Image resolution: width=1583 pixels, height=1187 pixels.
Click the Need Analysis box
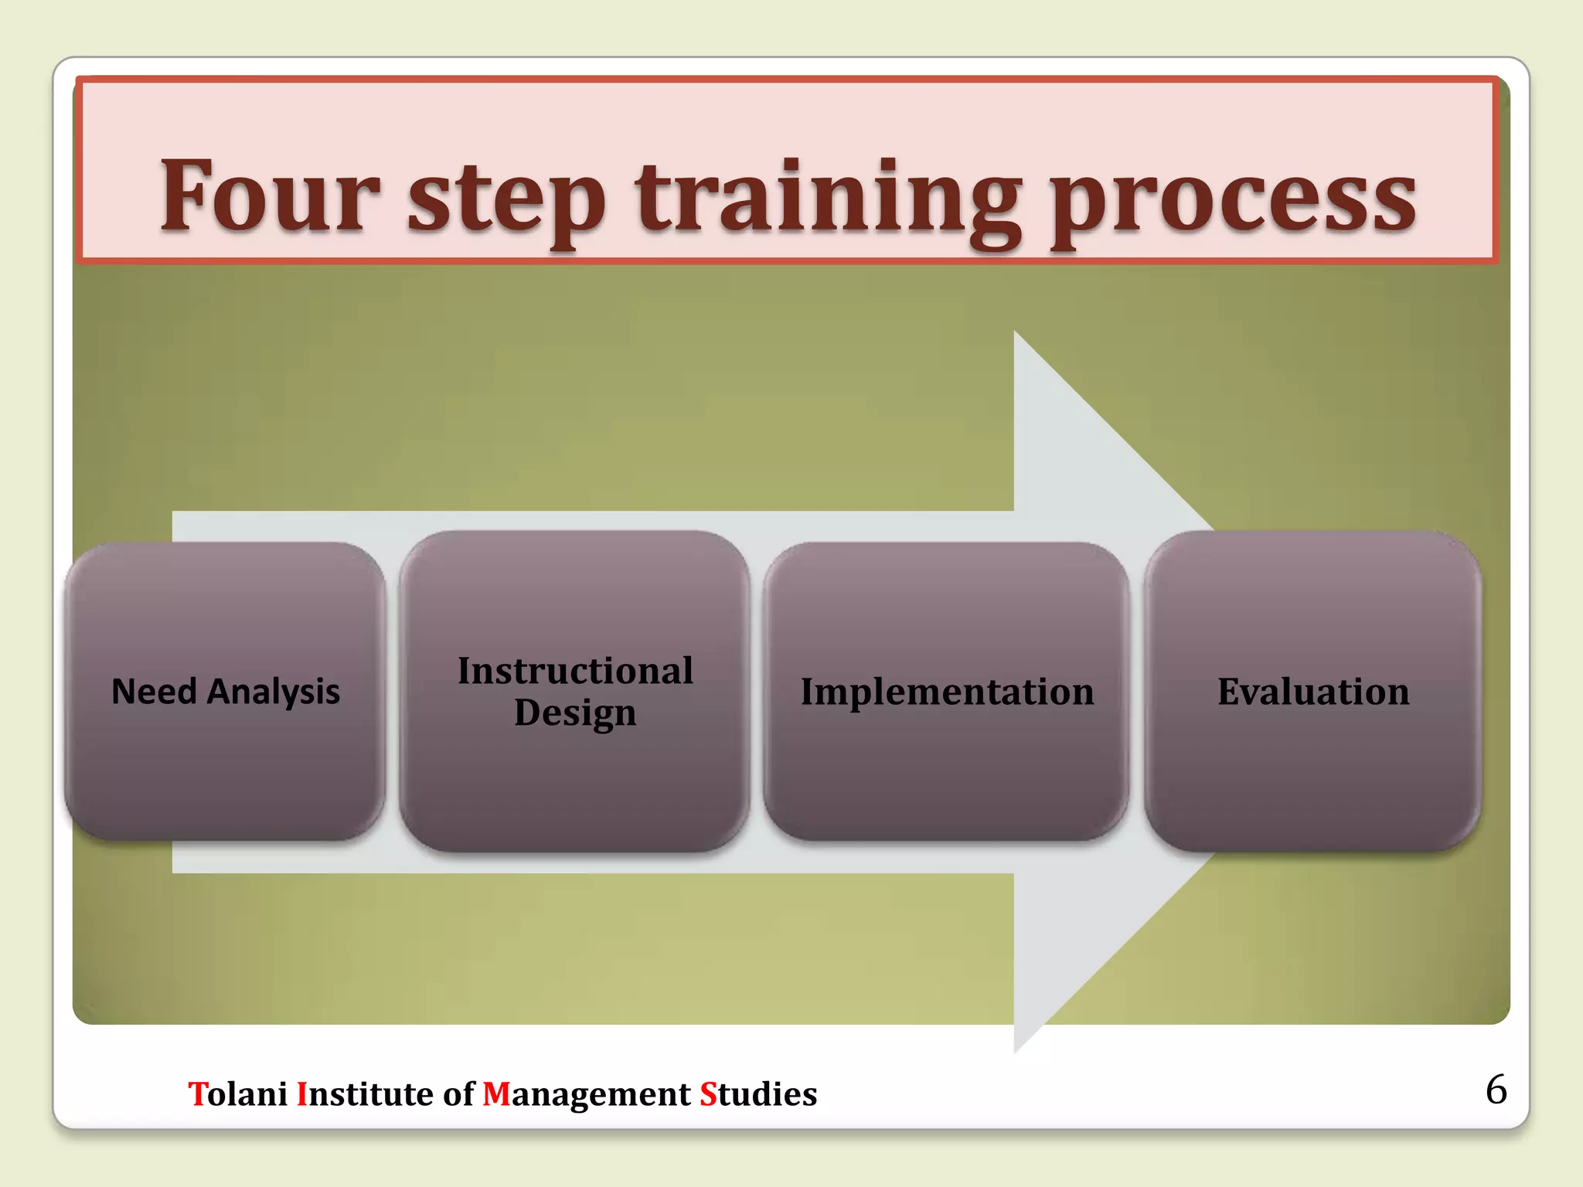(225, 765)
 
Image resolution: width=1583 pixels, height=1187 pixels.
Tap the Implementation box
(946, 765)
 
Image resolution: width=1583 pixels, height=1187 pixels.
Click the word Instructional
(575, 670)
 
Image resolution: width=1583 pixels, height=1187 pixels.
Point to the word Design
(575, 713)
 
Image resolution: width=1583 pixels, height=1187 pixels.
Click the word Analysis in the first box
(274, 692)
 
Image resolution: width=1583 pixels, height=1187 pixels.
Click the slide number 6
(1496, 1090)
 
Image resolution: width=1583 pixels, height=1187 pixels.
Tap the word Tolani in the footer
(238, 1094)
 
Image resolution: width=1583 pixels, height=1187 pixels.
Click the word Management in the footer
(586, 1094)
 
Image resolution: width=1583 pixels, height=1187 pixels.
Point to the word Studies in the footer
(758, 1094)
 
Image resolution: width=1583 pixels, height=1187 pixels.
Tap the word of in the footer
(458, 1094)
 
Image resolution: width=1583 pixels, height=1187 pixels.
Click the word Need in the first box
(154, 692)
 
